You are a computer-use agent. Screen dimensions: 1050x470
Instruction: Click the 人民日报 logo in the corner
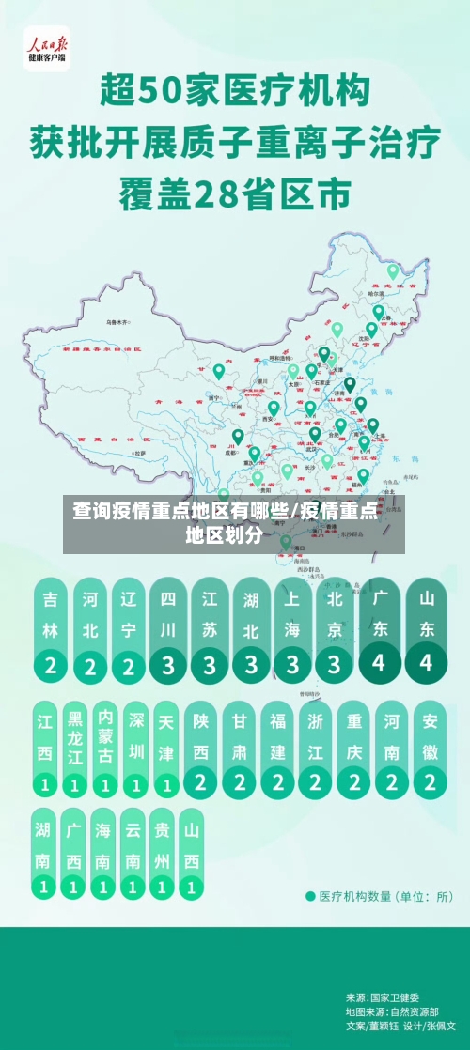click(x=46, y=48)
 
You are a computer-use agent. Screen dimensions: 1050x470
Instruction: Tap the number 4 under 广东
click(x=379, y=661)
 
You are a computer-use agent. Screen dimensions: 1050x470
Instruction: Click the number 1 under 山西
click(x=191, y=886)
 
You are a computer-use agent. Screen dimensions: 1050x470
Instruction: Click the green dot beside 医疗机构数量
click(x=310, y=896)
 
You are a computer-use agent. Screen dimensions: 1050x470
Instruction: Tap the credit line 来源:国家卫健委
click(x=383, y=997)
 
